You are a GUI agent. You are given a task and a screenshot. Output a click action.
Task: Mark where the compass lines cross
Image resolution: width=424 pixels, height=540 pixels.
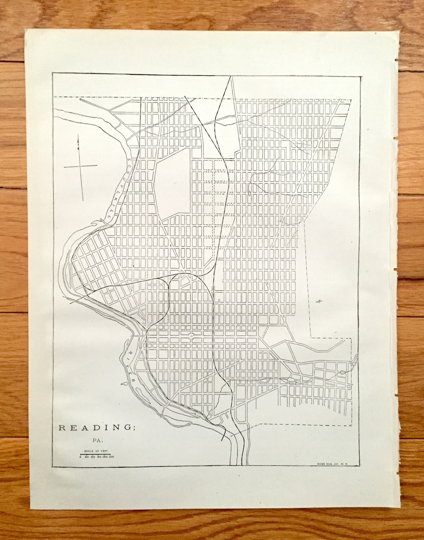(81, 166)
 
